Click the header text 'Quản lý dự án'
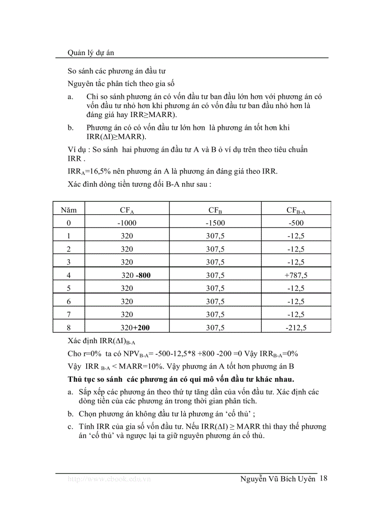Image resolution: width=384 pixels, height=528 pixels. pyautogui.click(x=91, y=53)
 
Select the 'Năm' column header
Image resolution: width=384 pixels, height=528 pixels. pyautogui.click(x=69, y=210)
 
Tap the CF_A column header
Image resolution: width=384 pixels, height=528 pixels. pyautogui.click(x=127, y=210)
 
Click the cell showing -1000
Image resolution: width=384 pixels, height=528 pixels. pyautogui.click(x=127, y=223)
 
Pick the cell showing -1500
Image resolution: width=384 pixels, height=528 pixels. pyautogui.click(x=216, y=223)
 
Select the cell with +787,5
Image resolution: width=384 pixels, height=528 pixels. pyautogui.click(x=296, y=276)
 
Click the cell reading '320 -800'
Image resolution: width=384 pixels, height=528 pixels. pyautogui.click(x=136, y=276)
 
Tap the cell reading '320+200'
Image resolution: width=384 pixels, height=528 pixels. pyautogui.click(x=138, y=328)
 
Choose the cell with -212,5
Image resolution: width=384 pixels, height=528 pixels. pyautogui.click(x=296, y=328)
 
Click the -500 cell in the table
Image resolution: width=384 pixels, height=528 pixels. pyautogui.click(x=296, y=223)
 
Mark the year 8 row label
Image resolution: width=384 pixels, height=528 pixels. pyautogui.click(x=69, y=328)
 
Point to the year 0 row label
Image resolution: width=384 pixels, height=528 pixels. pyautogui.click(x=69, y=223)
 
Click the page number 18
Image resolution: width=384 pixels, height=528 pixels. pyautogui.click(x=323, y=479)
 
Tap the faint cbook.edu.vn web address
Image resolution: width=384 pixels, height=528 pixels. pyautogui.click(x=109, y=479)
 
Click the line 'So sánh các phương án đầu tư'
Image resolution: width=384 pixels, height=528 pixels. pyautogui.click(x=116, y=71)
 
